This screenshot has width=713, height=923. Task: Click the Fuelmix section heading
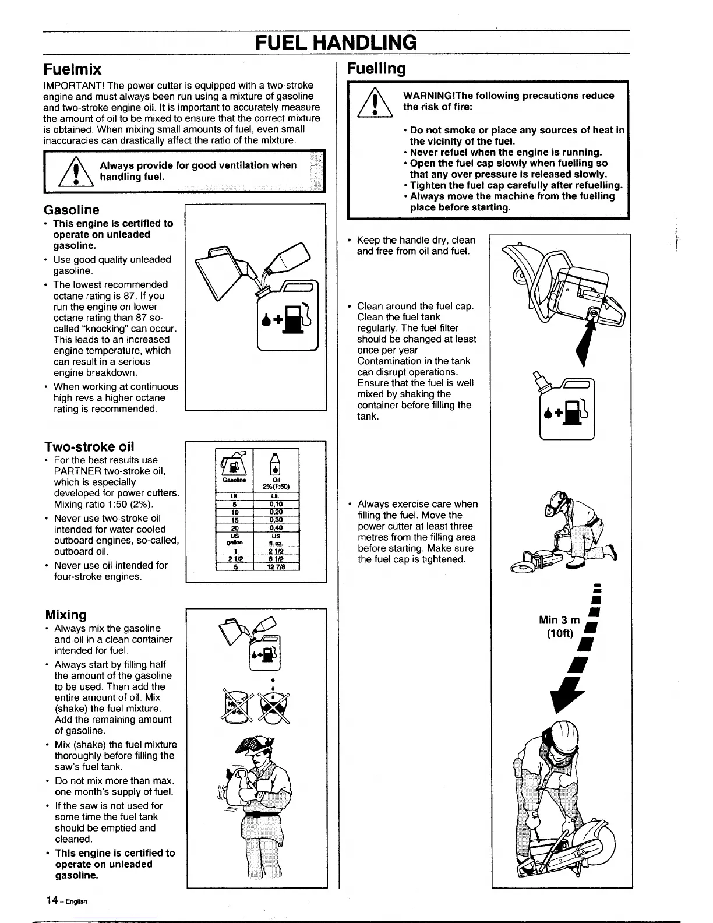point(73,69)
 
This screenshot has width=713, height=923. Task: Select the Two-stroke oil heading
point(89,446)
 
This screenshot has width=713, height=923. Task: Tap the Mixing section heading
point(66,615)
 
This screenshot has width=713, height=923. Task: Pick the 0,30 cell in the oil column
point(276,520)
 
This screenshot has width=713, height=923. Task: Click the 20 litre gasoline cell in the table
point(232,528)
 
